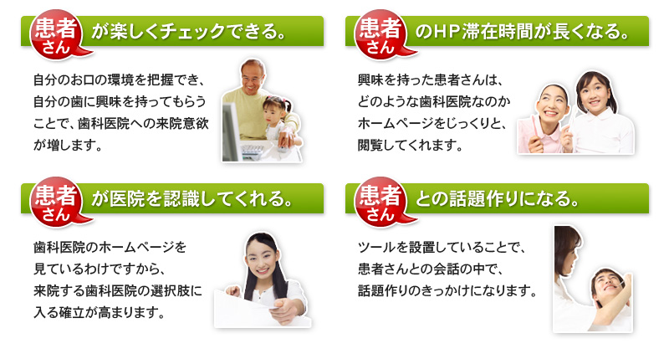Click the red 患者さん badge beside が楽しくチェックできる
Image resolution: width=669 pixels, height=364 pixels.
click(56, 34)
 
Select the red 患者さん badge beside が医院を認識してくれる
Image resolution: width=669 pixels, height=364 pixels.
click(56, 202)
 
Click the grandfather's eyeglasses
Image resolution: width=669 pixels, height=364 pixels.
click(252, 79)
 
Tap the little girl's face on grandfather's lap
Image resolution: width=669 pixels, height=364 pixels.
click(273, 113)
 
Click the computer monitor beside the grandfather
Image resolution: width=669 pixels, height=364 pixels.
click(231, 132)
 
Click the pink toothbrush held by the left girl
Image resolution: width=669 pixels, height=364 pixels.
click(534, 129)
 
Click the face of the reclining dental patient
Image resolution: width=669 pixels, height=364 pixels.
click(609, 283)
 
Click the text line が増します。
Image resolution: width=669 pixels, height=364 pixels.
click(68, 145)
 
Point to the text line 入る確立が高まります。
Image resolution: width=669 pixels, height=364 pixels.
click(100, 313)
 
